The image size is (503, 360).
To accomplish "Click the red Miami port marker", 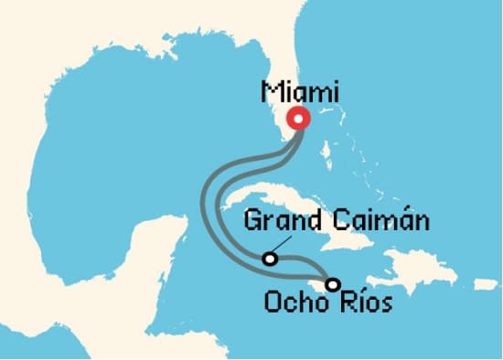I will pyautogui.click(x=298, y=119).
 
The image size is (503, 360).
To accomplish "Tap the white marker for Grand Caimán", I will pyautogui.click(x=270, y=259).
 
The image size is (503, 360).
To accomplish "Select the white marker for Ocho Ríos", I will pyautogui.click(x=333, y=284).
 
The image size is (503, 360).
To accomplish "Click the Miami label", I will pyautogui.click(x=299, y=92).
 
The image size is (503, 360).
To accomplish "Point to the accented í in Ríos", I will pyautogui.click(x=357, y=301).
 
